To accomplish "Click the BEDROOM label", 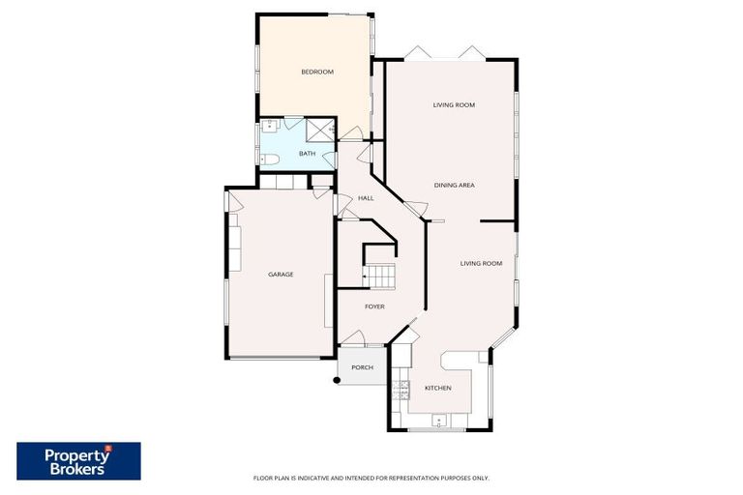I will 316,72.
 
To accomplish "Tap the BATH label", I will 307,154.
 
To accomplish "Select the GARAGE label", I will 281,275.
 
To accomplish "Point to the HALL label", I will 366,198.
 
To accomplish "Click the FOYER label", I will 374,306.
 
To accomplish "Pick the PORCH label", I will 362,367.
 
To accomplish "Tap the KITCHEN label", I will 437,388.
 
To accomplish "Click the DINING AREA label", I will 454,185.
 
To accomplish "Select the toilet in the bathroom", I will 270,158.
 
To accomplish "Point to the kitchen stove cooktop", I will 400,389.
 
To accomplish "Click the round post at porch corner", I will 336,379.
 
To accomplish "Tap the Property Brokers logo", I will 78,461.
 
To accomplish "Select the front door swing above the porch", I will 353,337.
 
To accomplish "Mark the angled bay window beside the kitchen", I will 503,337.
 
